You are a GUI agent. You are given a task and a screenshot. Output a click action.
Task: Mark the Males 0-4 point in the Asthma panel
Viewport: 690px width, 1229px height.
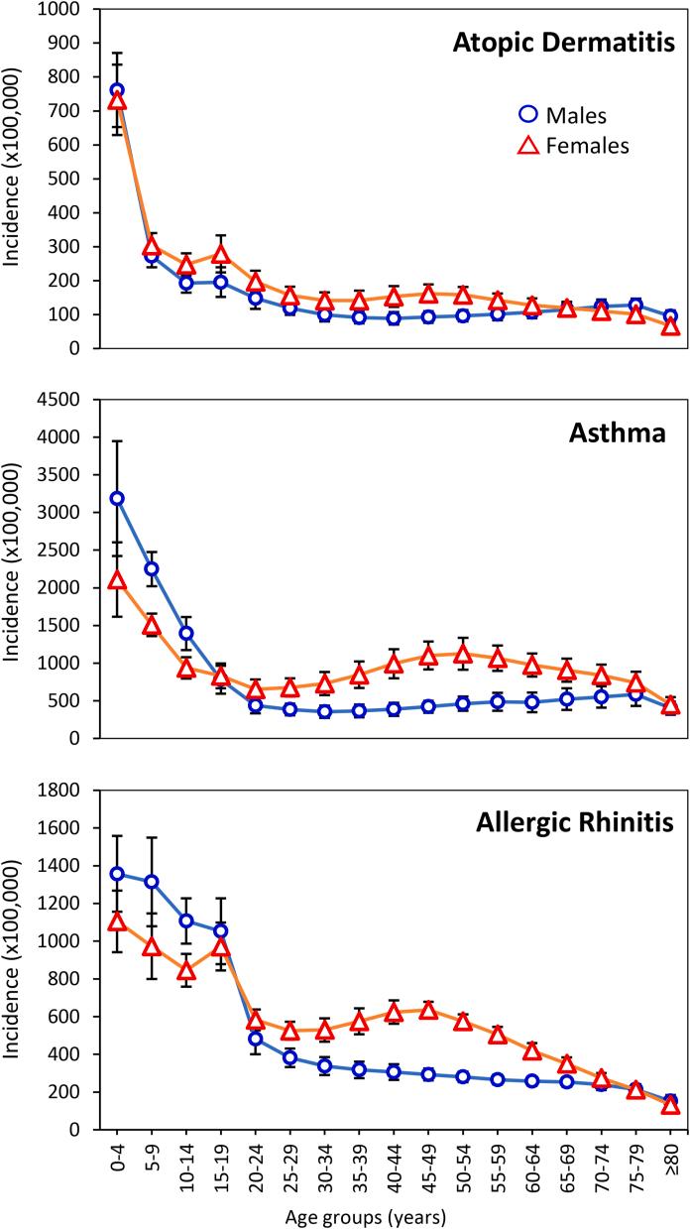tap(117, 498)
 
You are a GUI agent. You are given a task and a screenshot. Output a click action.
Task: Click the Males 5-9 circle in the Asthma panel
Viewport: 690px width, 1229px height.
tap(152, 568)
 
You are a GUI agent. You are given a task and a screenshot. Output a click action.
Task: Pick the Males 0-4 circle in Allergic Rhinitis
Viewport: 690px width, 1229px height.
tap(117, 874)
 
